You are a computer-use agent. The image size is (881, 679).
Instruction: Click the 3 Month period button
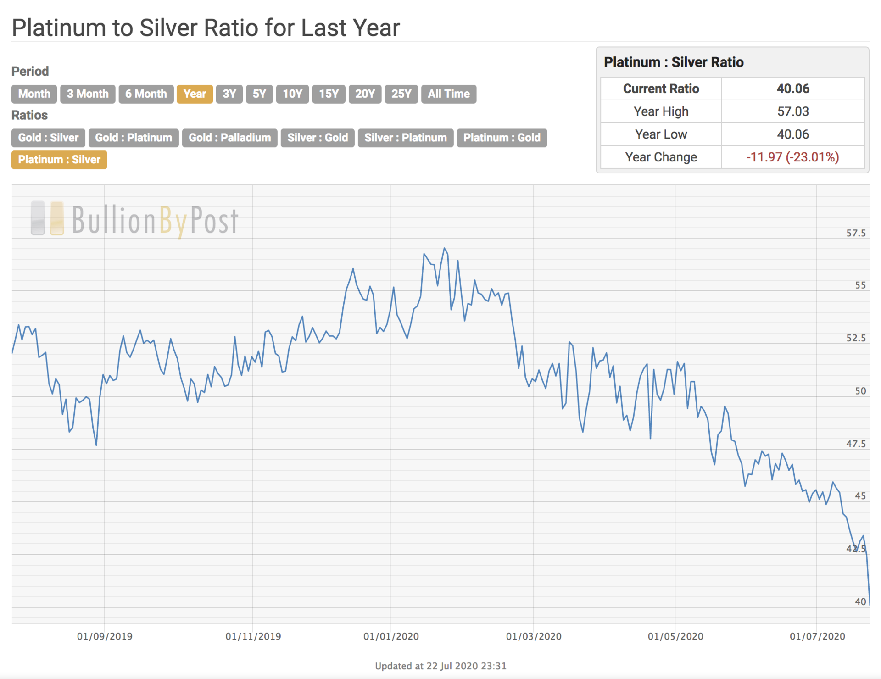[88, 94]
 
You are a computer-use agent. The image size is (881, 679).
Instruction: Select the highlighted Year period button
[195, 94]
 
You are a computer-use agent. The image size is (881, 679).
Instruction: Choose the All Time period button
[448, 94]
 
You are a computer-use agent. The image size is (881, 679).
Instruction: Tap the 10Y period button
[292, 94]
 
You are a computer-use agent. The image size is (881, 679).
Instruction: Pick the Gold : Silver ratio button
[48, 138]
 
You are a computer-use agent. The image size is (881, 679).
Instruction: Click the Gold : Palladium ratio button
[229, 138]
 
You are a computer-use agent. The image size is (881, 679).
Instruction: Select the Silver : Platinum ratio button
[405, 138]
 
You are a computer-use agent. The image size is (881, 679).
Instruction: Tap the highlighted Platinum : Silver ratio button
[59, 160]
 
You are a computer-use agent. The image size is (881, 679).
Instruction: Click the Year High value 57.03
[792, 111]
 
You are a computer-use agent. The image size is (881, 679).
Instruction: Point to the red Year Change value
[792, 157]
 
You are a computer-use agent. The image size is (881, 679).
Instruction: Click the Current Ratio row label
[661, 89]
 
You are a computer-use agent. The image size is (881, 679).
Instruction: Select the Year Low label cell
[661, 134]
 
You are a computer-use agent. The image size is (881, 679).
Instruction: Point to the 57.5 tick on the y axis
[856, 233]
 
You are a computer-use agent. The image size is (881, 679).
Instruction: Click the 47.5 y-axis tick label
[856, 444]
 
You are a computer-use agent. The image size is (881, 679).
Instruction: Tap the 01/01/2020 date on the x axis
[391, 636]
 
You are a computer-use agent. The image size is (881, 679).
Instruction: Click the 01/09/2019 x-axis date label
[105, 636]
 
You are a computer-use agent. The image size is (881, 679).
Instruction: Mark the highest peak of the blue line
[444, 249]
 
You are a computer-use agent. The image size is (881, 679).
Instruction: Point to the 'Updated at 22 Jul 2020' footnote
[440, 666]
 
